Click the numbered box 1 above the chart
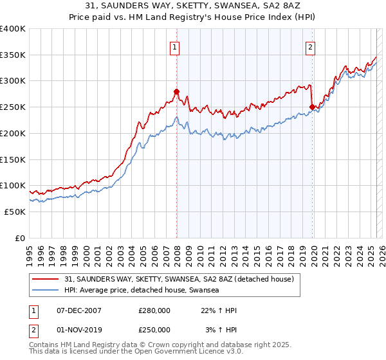(175, 46)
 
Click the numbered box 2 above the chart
(311, 46)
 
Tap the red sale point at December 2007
(176, 91)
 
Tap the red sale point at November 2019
(312, 107)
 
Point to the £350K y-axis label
(13, 55)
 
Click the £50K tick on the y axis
(15, 212)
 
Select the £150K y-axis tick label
(13, 159)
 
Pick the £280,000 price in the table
(154, 310)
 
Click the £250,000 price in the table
(154, 329)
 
